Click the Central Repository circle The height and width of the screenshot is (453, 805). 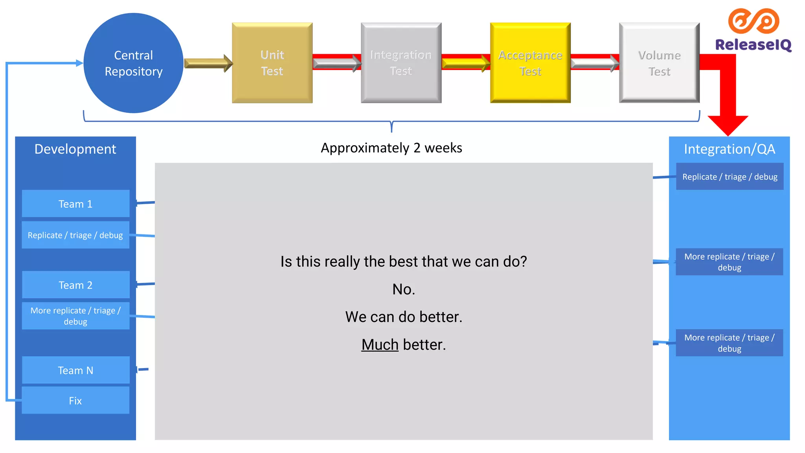click(133, 63)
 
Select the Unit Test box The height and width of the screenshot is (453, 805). click(272, 63)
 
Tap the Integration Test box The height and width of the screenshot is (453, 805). click(401, 63)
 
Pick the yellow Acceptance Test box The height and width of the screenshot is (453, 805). click(530, 63)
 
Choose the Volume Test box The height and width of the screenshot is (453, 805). click(659, 63)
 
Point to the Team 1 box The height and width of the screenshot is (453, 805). click(75, 204)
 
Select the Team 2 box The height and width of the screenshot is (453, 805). click(75, 285)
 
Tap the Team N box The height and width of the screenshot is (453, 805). click(75, 370)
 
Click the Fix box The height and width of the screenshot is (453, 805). click(75, 400)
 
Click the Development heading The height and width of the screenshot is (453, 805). click(75, 149)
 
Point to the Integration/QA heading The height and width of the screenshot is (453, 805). click(729, 149)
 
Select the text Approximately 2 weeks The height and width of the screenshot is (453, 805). click(391, 148)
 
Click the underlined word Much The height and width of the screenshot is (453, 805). click(380, 344)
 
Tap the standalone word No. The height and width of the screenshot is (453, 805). click(404, 289)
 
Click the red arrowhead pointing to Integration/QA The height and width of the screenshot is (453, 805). click(728, 125)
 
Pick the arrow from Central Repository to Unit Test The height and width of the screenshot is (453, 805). click(208, 63)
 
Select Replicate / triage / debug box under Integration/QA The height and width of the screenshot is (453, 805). click(730, 177)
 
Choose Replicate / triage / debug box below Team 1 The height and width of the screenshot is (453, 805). click(75, 235)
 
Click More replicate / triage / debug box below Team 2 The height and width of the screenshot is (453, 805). click(75, 316)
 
